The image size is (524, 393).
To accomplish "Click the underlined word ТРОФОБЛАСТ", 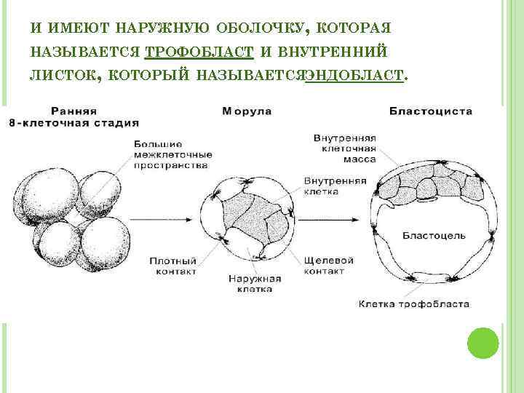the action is point(199,51).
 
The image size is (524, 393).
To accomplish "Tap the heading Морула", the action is point(247,111).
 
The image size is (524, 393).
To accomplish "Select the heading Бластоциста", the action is point(431,111).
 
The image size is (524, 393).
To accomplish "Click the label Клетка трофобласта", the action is point(413,303).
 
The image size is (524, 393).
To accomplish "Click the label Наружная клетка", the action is point(254,284).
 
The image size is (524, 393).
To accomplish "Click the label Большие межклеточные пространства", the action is point(172,154).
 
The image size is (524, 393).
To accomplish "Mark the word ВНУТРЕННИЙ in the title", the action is point(334,51).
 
